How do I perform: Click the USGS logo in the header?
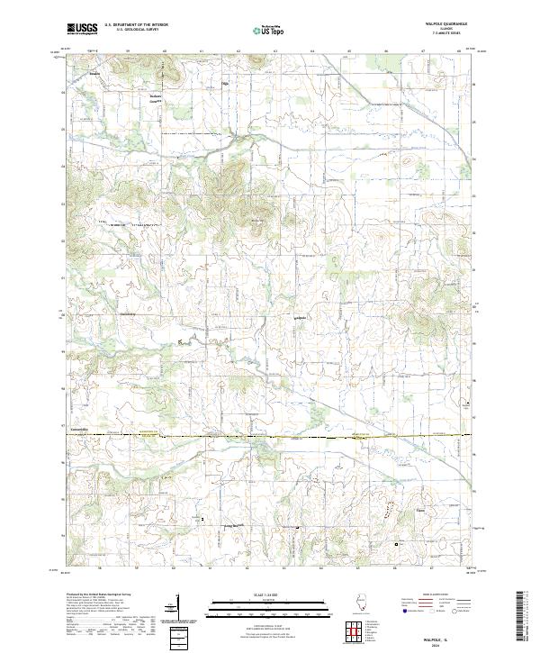tap(82, 29)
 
